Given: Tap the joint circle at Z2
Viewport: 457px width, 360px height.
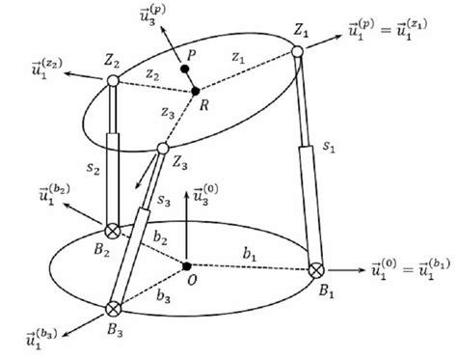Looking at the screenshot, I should point(113,83).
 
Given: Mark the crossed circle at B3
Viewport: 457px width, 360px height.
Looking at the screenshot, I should point(113,309).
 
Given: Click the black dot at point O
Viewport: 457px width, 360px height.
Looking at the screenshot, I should point(186,265).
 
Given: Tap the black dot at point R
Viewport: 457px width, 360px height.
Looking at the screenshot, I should point(196,92).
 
